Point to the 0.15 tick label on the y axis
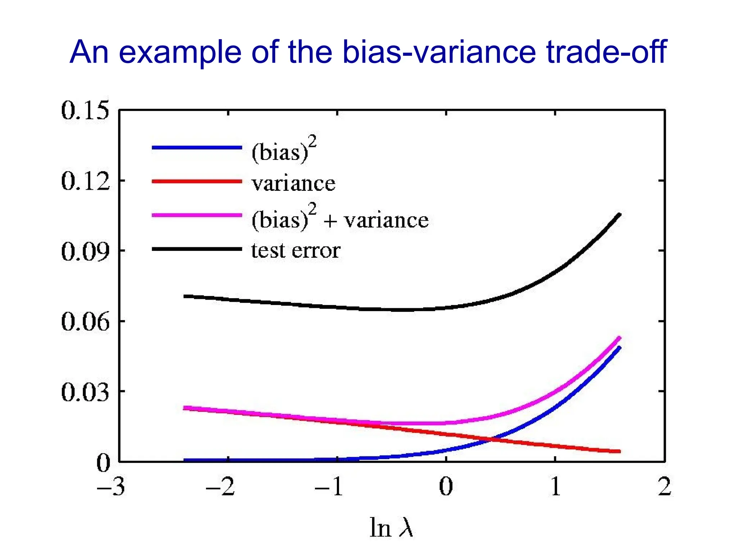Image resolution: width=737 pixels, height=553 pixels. coord(85,110)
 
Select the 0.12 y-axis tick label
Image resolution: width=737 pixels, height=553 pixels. coord(85,181)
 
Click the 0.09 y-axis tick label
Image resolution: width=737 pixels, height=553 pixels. coord(85,251)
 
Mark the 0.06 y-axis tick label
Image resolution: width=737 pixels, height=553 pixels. coord(85,322)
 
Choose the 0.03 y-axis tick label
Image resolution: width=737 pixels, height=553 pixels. coord(85,392)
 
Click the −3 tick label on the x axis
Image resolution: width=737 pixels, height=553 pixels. coord(111,487)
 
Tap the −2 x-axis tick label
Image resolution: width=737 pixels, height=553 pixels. coord(220,487)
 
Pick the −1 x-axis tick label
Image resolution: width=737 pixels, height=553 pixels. coord(329,487)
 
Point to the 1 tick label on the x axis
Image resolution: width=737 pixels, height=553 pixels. coord(556,487)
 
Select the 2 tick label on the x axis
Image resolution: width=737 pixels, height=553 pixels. coord(665,487)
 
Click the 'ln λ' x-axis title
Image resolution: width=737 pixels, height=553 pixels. coord(392,528)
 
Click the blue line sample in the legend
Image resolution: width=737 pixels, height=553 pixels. coord(197,147)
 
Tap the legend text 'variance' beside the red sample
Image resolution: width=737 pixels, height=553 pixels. coord(294,184)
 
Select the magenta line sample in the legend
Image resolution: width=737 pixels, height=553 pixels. coord(197,215)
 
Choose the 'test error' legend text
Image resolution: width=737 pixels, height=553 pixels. coord(295,251)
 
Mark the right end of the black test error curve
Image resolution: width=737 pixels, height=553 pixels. coord(619,215)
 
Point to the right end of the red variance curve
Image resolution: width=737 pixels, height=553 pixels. coord(619,451)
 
